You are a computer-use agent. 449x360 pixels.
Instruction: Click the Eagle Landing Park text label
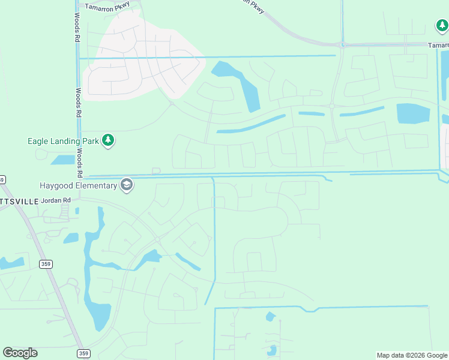[x=62, y=142]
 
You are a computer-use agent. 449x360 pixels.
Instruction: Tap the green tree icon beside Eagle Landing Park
[x=108, y=141]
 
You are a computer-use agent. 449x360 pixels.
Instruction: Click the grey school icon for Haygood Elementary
[x=126, y=185]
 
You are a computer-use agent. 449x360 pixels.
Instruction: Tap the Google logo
[x=20, y=353]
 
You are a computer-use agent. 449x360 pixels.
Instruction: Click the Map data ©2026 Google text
[x=412, y=355]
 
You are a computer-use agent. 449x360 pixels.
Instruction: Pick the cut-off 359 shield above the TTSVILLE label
[x=2, y=179]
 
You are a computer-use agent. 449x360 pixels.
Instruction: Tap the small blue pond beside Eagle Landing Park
[x=62, y=160]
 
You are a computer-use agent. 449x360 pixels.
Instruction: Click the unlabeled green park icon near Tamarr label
[x=442, y=26]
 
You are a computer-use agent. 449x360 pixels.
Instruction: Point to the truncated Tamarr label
[x=438, y=45]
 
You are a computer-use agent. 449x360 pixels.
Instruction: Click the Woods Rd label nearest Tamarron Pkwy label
[x=77, y=28]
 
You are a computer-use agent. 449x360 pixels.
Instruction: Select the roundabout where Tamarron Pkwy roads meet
[x=342, y=45]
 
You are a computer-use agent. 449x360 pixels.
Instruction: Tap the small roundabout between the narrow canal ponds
[x=331, y=106]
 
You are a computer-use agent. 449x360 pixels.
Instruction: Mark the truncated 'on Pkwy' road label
[x=253, y=6]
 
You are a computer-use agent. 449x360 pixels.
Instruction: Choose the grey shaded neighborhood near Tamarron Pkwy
[x=141, y=57]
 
